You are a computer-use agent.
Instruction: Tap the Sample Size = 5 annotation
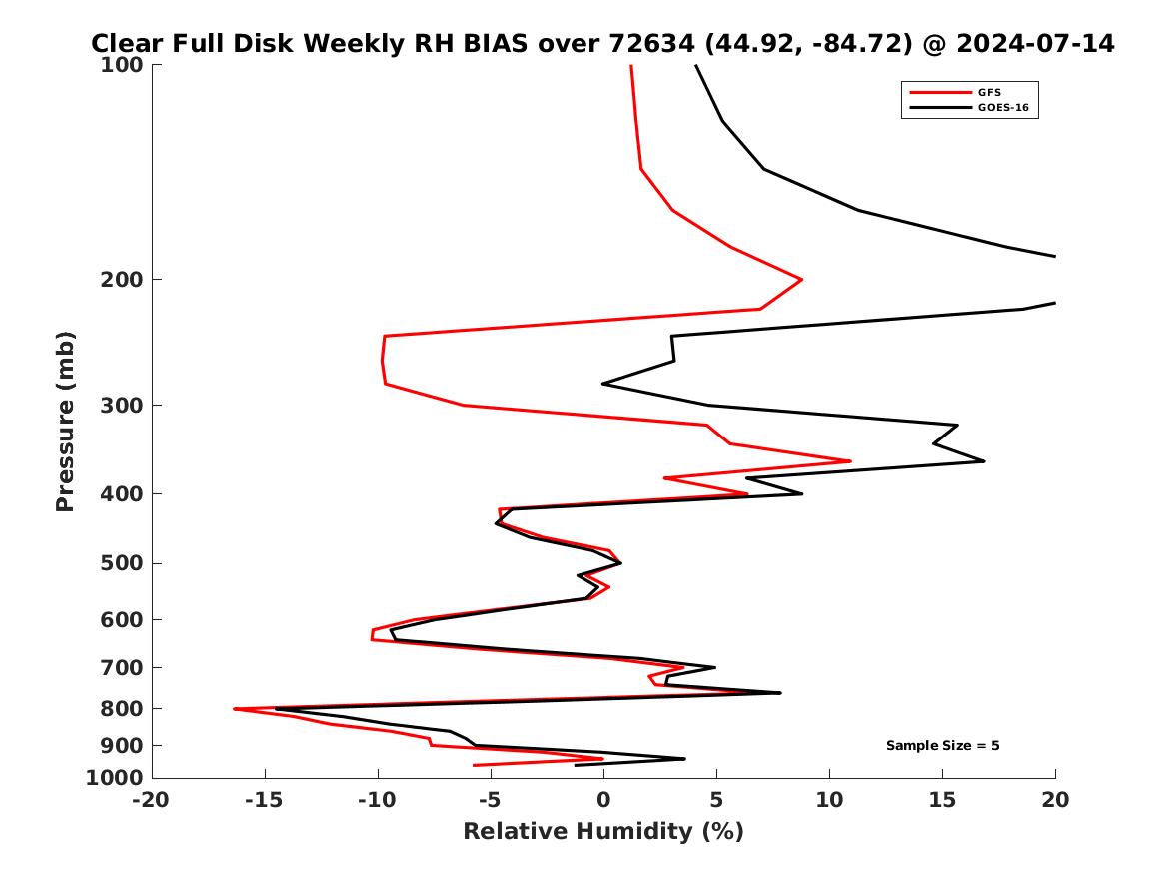942,745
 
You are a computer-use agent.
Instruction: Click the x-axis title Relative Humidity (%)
602,832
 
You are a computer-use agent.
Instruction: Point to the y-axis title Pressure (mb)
66,422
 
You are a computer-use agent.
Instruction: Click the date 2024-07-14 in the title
1035,44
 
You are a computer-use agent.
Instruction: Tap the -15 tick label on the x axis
265,799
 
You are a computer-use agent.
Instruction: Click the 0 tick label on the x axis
602,799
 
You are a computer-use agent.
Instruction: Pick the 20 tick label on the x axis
1055,799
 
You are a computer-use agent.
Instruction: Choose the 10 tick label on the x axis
828,799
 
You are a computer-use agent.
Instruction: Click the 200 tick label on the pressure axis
122,280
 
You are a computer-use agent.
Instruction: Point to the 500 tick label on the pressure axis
122,563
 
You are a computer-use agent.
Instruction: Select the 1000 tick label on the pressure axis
116,778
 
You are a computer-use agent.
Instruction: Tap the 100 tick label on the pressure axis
122,65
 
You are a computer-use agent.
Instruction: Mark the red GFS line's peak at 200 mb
802,279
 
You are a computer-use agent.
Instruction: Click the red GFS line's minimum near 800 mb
234,709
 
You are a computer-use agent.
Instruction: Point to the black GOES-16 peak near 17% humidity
984,460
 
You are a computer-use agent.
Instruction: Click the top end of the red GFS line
630,66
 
